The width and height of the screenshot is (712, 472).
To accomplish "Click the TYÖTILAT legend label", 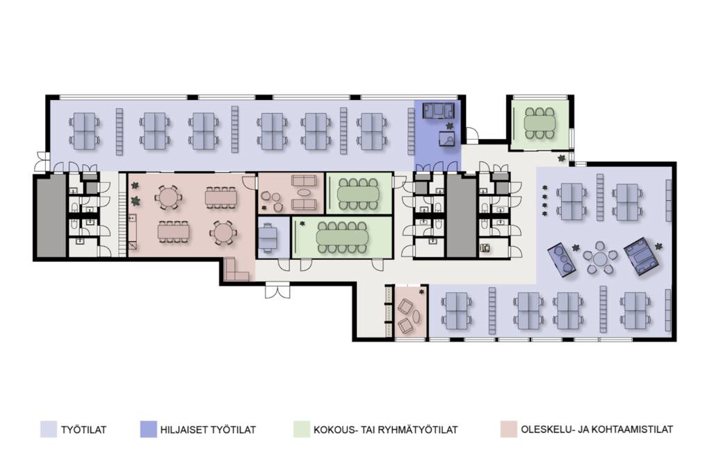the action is [83, 430].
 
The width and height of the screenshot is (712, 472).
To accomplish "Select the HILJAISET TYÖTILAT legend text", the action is [208, 430].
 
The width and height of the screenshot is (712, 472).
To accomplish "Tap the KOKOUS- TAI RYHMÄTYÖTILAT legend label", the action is [385, 430].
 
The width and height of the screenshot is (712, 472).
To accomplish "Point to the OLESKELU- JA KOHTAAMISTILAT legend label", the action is [597, 430].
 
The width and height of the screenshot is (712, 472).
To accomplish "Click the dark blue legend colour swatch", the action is [149, 430].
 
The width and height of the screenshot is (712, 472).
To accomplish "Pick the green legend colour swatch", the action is [302, 430].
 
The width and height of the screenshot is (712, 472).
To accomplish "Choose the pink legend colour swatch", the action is [509, 430].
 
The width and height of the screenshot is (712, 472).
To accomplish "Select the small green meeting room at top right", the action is [540, 124].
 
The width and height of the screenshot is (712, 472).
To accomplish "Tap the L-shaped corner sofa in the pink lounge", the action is [235, 271].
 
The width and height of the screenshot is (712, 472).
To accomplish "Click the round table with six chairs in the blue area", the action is [600, 258].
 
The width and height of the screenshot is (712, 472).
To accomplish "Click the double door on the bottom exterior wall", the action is [277, 290].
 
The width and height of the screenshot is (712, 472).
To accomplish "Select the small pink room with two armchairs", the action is [411, 312].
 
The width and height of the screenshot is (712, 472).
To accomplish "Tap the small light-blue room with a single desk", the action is [273, 237].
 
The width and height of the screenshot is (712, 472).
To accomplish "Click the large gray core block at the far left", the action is [51, 216].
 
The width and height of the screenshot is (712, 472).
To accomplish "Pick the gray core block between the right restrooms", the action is [462, 216].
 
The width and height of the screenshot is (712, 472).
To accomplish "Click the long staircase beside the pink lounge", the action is [122, 215].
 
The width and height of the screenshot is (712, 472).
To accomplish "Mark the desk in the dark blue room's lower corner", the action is [447, 138].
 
